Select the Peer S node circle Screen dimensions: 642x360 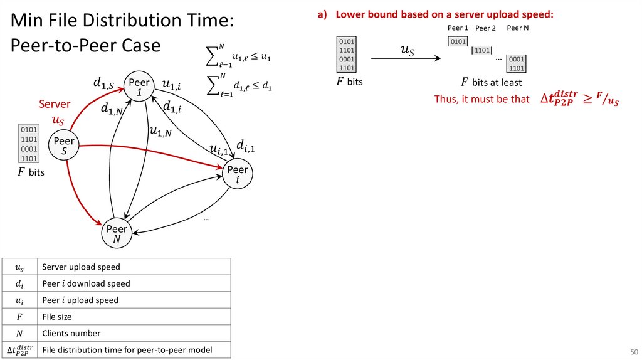64,146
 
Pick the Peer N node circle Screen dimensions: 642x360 117,233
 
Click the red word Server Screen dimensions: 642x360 55,104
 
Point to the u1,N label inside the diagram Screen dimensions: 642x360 160,131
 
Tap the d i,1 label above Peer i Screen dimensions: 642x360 246,146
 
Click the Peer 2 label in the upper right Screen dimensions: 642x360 485,28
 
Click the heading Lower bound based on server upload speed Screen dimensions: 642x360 444,14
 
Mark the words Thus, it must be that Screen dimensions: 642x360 481,99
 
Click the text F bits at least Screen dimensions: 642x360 491,82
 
